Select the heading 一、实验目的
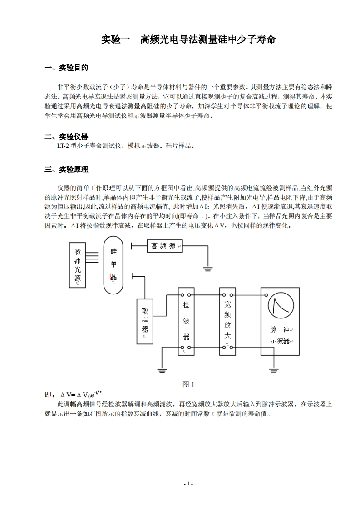coord(66,68)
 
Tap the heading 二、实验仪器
coord(66,137)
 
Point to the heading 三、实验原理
coord(66,170)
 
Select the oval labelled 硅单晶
coord(113,265)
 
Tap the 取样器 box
coord(145,319)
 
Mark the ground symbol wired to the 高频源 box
coord(208,269)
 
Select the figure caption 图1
coord(188,384)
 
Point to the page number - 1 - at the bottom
coord(188,484)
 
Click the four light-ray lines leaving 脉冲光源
coord(92,257)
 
